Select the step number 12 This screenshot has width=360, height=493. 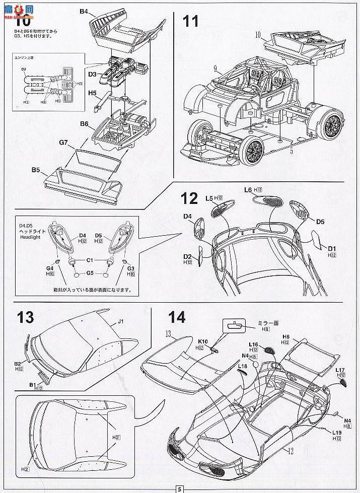[190, 198]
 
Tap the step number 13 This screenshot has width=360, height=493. [25, 317]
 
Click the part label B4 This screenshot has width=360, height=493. [84, 11]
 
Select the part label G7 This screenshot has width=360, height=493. [63, 143]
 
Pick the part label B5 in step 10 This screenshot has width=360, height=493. [35, 170]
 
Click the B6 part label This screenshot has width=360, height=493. [84, 123]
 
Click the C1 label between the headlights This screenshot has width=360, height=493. [91, 260]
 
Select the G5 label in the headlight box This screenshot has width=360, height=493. [90, 274]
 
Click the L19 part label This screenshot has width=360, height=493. [337, 432]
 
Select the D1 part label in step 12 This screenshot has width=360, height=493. [331, 249]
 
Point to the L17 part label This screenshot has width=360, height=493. [340, 370]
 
